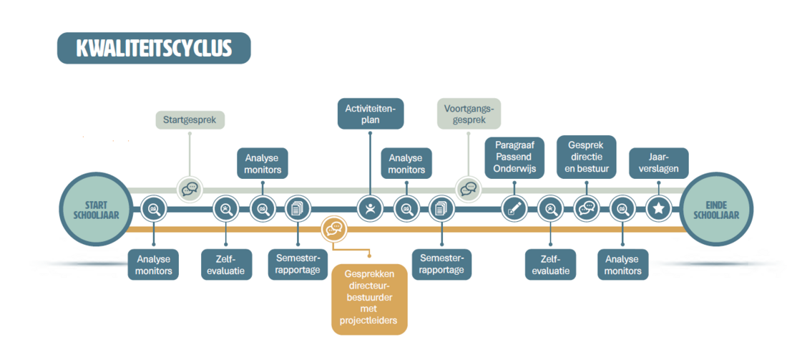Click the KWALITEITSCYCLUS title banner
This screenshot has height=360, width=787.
click(x=154, y=48)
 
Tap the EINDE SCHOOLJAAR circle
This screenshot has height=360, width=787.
click(x=716, y=208)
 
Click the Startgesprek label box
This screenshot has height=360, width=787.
click(x=190, y=119)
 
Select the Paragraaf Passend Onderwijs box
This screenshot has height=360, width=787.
click(x=514, y=157)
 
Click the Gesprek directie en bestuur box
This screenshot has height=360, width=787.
click(x=587, y=157)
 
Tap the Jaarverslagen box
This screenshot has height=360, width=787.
click(x=658, y=163)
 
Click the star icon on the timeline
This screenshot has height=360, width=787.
click(x=658, y=208)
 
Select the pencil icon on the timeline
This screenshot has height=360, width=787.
click(x=514, y=208)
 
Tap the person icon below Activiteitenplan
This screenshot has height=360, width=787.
click(x=370, y=208)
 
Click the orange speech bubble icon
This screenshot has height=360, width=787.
click(x=334, y=228)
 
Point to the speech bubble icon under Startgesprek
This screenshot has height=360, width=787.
click(x=190, y=189)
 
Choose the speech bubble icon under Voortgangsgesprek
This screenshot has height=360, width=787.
click(x=469, y=189)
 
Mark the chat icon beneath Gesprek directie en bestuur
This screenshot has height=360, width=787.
click(x=587, y=208)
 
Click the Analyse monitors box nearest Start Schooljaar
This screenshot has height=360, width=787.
click(x=154, y=264)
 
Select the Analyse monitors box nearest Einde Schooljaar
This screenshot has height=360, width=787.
click(x=622, y=264)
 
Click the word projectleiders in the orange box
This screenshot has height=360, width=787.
click(x=369, y=320)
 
